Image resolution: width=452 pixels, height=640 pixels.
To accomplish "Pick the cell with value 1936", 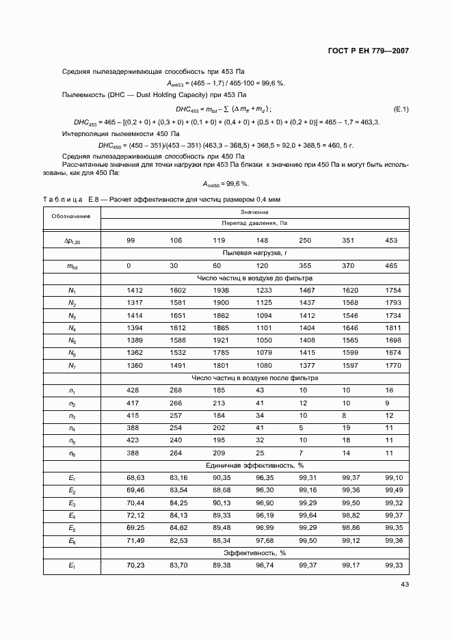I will click(220, 290).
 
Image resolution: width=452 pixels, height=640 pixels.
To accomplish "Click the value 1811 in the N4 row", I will click(393, 328).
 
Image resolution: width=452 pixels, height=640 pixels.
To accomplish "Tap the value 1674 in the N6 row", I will click(393, 352).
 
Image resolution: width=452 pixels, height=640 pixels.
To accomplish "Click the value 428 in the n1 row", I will click(135, 390).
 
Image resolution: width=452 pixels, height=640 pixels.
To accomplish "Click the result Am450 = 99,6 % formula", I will click(225, 183).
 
